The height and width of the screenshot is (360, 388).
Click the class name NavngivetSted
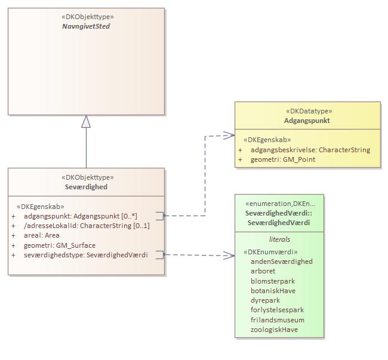coord(87,26)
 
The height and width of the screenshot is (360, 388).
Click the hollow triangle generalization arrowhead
coord(87,121)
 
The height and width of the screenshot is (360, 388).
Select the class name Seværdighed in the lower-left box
coord(87,187)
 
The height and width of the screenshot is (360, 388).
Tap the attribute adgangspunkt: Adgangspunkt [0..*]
coord(80,216)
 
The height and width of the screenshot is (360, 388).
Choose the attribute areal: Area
coord(41,235)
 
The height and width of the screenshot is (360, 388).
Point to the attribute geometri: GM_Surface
coord(59,245)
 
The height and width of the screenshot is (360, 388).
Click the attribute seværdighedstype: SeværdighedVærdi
coord(85,255)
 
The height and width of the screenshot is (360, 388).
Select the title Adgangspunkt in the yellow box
coord(307,121)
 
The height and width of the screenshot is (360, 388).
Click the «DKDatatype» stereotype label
coord(307,111)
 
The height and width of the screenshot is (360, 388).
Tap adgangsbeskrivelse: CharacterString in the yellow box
coord(310,150)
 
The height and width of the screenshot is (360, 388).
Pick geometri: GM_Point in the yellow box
coord(283,159)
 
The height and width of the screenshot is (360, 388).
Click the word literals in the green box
coord(279,239)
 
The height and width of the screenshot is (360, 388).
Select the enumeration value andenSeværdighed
coord(281,261)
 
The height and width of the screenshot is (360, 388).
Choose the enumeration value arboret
coord(263,271)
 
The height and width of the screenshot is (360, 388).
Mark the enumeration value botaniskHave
coord(273,291)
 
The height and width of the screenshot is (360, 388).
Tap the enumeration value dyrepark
coord(265,300)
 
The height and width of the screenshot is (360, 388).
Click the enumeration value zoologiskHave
coord(274,330)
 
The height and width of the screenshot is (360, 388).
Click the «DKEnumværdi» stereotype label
coord(270,252)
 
